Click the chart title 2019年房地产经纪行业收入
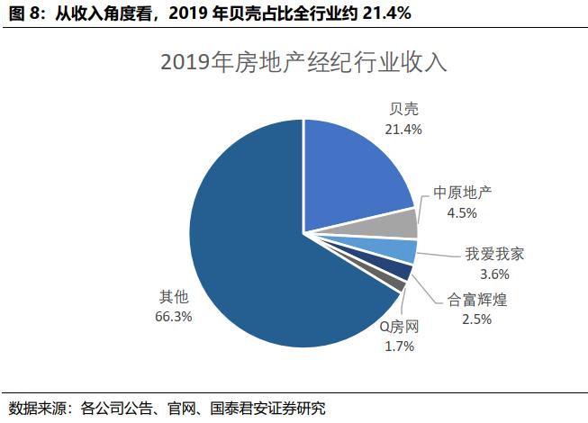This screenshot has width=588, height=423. tap(303, 64)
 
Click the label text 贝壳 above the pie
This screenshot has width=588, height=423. tap(403, 110)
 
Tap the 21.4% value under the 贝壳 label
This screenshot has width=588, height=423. tap(403, 129)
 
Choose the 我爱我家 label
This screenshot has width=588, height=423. tap(494, 255)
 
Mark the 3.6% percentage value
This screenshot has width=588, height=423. tap(494, 274)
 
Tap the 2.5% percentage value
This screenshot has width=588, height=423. tap(477, 319)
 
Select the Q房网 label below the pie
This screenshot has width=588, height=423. tap(397, 328)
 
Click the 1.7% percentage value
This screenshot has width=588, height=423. tap(397, 346)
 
